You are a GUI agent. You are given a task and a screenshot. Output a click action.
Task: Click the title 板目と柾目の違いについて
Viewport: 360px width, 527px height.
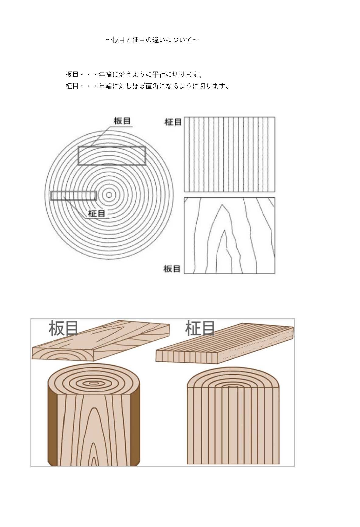tap(152, 40)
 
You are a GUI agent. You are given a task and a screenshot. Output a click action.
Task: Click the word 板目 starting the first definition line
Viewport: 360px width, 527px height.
tap(72, 75)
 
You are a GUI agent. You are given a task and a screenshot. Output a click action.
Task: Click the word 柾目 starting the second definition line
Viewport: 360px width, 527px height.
tap(72, 86)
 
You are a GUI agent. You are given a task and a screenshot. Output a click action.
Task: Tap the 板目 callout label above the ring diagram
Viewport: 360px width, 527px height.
tap(122, 121)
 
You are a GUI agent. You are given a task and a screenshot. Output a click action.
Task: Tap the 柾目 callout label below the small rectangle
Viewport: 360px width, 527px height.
tap(97, 213)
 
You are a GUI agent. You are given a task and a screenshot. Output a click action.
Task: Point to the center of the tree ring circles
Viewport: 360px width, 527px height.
tap(109, 195)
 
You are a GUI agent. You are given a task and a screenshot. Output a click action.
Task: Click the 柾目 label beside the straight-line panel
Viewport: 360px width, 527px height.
tap(173, 122)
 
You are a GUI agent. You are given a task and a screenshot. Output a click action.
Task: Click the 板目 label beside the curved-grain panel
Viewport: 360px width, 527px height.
tap(172, 269)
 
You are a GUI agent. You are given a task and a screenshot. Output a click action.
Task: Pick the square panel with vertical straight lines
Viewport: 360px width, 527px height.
tap(229, 154)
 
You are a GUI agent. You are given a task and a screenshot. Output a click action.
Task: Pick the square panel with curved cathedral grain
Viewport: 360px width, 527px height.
tap(229, 235)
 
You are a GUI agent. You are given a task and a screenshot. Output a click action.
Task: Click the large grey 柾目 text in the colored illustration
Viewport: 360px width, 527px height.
tap(200, 328)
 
